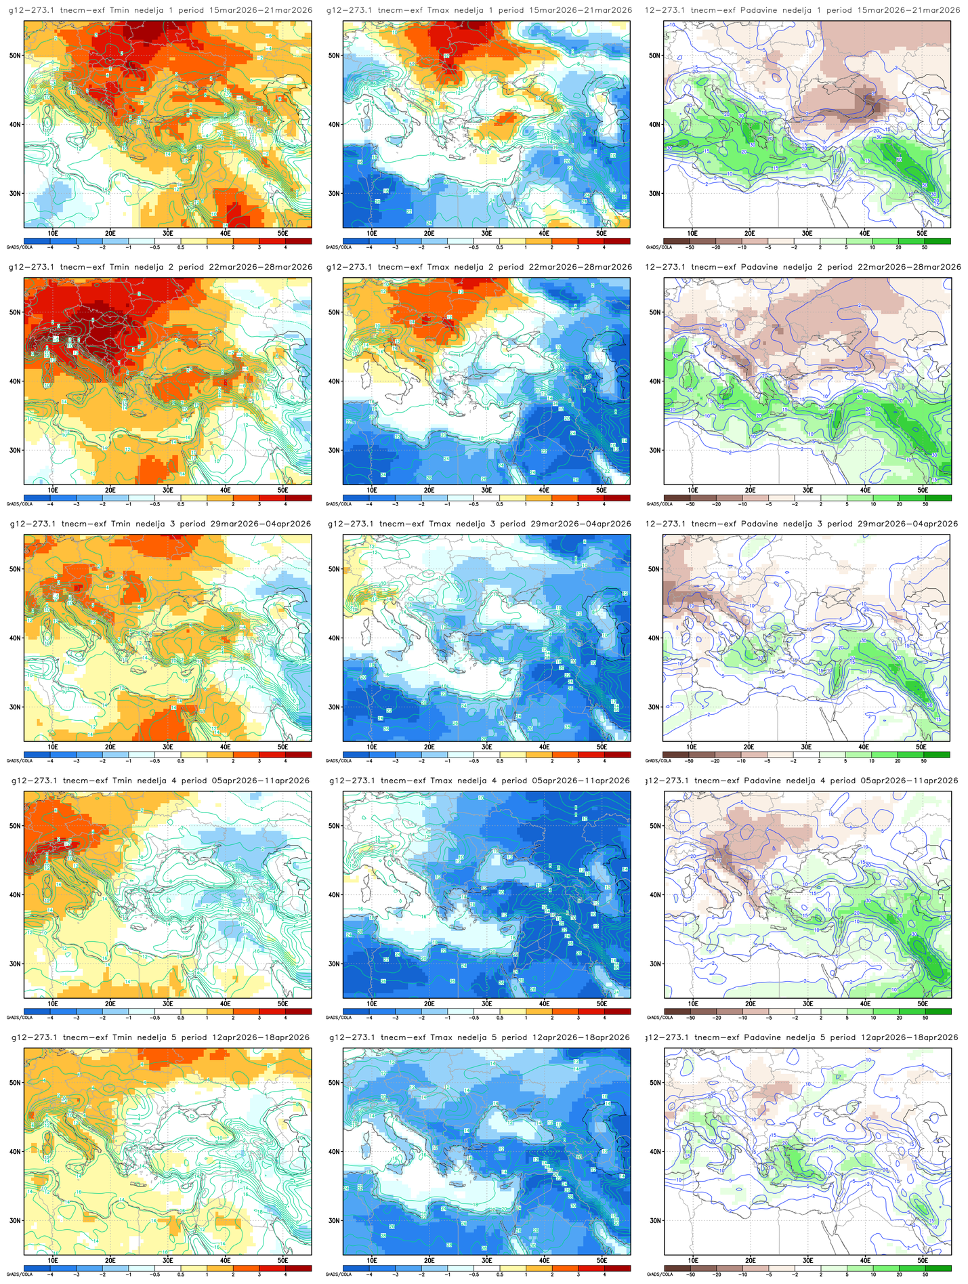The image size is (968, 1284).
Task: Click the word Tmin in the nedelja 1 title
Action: coord(119,10)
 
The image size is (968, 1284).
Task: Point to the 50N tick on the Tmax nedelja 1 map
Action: coord(333,56)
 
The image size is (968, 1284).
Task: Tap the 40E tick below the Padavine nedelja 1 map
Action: coord(864,233)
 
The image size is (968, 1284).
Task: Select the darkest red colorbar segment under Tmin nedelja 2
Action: coord(298,497)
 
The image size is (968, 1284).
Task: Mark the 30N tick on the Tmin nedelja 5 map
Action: coord(14,1220)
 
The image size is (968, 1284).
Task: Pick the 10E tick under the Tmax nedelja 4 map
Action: coord(372,1003)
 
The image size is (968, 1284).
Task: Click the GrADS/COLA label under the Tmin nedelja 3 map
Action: coord(14,761)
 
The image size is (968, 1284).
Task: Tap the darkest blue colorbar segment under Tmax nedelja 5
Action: coord(356,1268)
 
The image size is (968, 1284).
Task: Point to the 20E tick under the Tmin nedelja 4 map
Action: coord(110,1003)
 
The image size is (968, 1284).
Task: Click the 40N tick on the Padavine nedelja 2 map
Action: coord(654,381)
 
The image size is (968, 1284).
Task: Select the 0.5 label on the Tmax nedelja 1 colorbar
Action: coord(499,247)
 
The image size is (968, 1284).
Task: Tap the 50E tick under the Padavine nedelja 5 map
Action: coord(922,1260)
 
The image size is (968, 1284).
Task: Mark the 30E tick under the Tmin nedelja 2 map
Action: coord(168,490)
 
